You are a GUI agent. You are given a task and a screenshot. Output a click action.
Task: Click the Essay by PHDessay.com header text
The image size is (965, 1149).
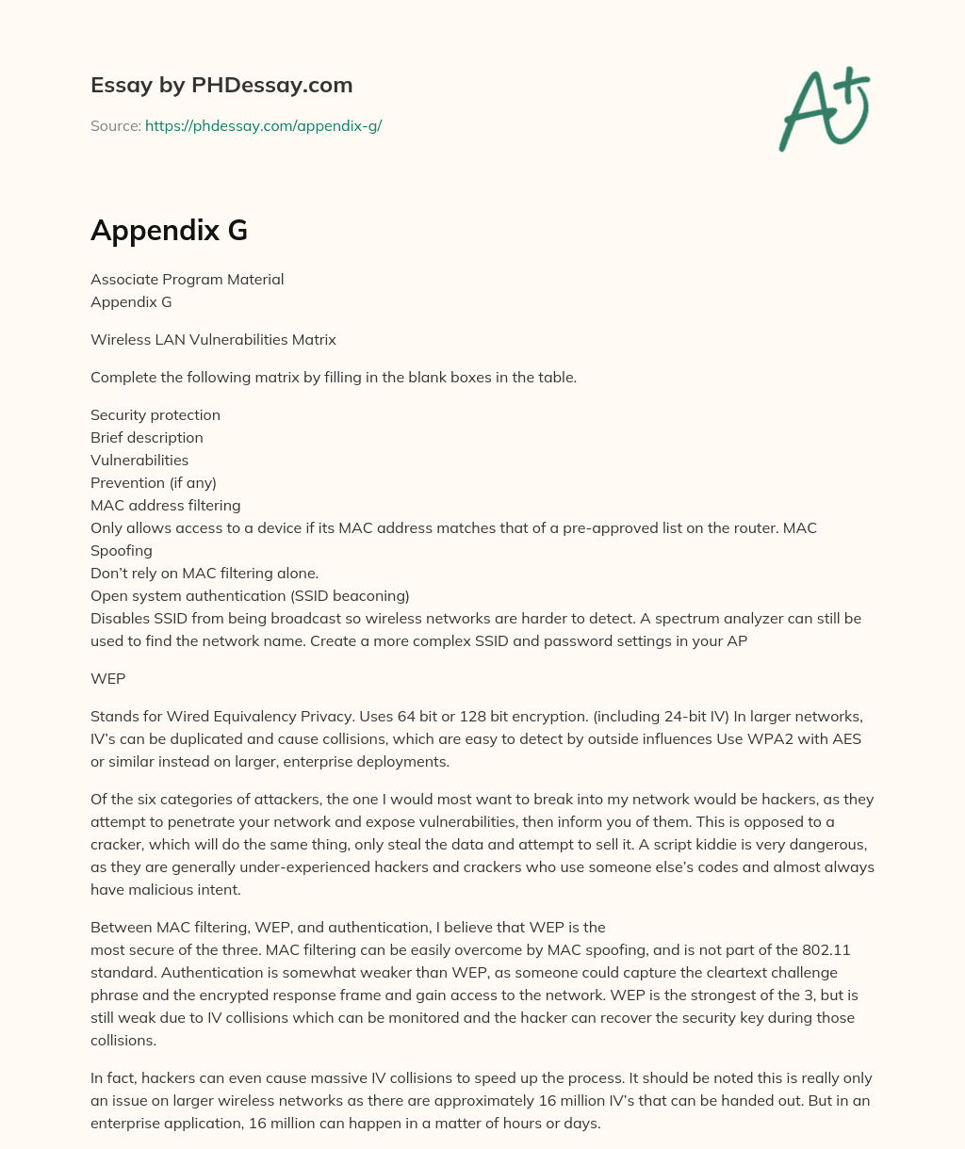[221, 86]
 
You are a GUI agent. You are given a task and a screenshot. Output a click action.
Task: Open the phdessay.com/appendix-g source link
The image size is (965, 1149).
[263, 125]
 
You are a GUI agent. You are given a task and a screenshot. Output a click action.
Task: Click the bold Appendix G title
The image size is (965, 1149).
[169, 231]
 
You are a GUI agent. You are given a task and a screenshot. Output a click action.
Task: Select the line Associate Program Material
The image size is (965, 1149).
[187, 279]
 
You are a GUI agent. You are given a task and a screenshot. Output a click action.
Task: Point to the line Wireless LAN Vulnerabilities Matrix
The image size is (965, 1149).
[213, 339]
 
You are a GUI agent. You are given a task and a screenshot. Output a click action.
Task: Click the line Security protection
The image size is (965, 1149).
[155, 414]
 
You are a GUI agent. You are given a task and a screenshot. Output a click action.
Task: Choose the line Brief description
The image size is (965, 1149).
[147, 437]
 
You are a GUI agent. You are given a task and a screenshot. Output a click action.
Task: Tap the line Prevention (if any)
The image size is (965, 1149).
[154, 482]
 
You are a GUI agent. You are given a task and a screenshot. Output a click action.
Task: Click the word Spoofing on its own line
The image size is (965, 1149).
[122, 550]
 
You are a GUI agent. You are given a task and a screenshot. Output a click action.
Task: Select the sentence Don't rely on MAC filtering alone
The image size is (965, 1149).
[204, 573]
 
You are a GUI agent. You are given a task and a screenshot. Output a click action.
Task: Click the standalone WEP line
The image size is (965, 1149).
[107, 678]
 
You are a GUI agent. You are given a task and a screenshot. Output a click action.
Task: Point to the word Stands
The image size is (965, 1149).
[112, 716]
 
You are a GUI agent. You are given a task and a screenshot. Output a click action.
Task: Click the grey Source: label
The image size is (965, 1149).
[116, 125]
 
